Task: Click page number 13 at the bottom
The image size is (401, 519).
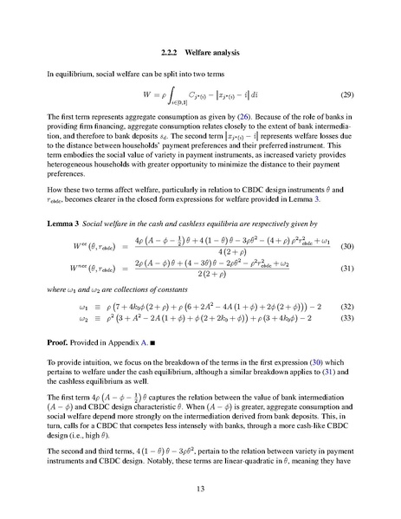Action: click(200, 488)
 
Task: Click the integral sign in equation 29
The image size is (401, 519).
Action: click(158, 94)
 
